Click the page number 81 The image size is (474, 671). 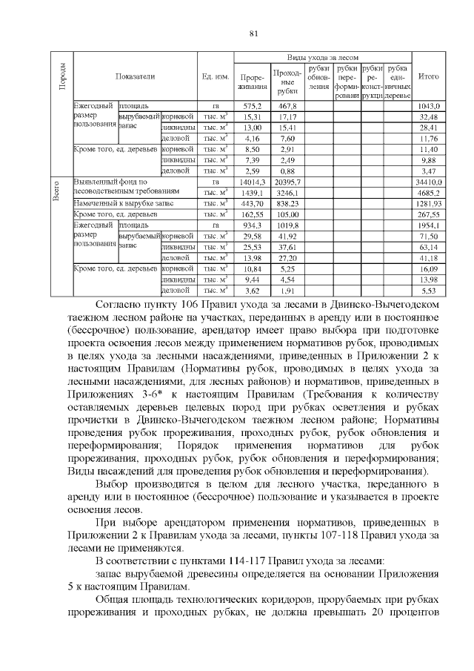tap(253, 33)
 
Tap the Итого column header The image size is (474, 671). tap(429, 76)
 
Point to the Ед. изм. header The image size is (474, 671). tap(215, 76)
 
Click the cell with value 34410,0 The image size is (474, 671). tap(429, 181)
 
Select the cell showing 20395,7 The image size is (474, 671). tap(286, 181)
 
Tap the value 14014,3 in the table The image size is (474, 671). tap(253, 181)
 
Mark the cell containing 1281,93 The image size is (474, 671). tap(429, 203)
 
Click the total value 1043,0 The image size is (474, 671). tap(429, 106)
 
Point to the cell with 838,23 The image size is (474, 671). tap(286, 203)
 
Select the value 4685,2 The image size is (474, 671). tap(429, 192)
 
